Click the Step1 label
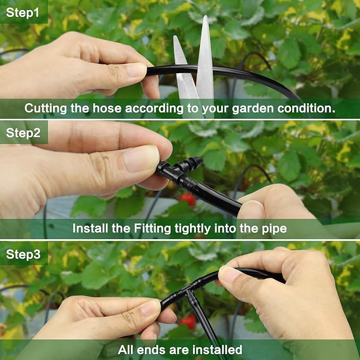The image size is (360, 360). point(23,12)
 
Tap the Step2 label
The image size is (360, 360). point(23,133)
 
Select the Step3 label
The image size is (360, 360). point(23,254)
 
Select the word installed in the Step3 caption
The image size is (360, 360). point(215,350)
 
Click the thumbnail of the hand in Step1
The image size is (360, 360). point(137,70)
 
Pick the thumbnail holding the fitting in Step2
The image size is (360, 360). point(142,159)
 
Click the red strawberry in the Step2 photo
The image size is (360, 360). point(187,199)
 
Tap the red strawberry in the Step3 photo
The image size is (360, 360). point(188,321)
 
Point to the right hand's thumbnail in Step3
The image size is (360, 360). point(230,275)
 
